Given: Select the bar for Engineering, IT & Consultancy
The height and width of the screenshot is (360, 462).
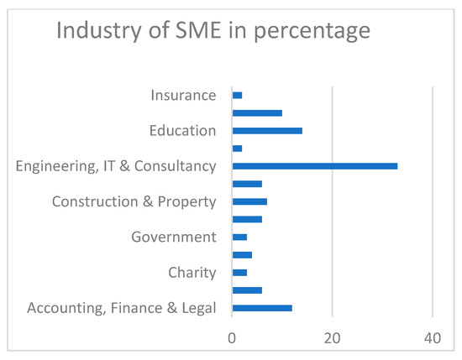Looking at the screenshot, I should click(x=314, y=166).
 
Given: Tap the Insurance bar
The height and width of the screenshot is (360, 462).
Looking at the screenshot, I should click(x=237, y=95).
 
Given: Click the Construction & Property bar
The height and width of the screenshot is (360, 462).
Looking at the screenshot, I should click(x=249, y=201).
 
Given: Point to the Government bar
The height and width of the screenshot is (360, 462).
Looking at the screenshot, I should click(x=239, y=237).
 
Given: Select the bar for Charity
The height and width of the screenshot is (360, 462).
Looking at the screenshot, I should click(x=239, y=273).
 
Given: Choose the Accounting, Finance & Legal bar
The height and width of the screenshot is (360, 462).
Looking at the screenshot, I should click(x=262, y=308).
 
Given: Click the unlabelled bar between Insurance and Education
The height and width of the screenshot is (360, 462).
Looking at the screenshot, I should click(x=257, y=112).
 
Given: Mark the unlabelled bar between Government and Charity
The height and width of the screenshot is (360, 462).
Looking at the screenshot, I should click(x=242, y=255).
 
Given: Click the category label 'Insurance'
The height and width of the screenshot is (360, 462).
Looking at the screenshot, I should click(x=184, y=95).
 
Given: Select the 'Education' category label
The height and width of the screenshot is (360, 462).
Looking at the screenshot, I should click(x=182, y=131).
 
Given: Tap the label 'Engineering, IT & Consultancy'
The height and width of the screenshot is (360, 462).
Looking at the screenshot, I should click(x=116, y=166).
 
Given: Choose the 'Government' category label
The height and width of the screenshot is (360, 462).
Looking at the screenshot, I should click(x=174, y=237).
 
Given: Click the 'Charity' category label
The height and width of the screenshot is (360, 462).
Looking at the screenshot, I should click(x=192, y=273).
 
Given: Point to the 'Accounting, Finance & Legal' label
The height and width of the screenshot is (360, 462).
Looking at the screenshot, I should click(x=122, y=308).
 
